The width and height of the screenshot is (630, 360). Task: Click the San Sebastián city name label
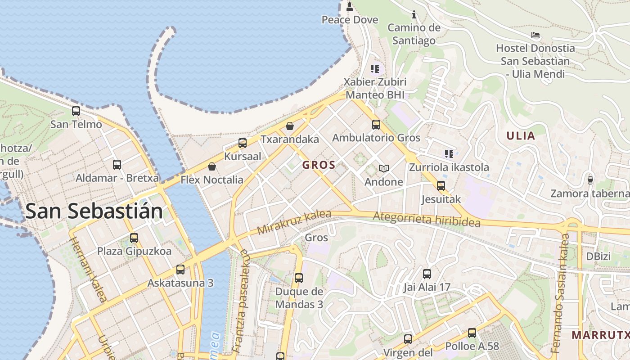tap(94, 211)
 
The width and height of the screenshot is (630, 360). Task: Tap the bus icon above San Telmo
tap(76, 111)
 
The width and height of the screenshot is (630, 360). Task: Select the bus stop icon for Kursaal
tap(243, 143)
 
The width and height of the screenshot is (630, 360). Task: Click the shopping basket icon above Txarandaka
tap(290, 126)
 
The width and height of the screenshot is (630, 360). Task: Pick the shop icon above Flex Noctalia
tap(212, 166)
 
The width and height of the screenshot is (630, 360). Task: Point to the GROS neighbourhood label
tap(319, 165)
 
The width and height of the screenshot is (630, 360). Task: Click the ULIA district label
tap(521, 136)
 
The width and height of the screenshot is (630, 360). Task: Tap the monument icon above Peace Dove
tap(350, 6)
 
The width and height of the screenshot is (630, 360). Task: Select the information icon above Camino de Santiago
tap(414, 14)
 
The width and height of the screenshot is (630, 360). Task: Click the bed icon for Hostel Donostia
tap(535, 35)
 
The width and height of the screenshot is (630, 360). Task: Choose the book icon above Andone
tap(383, 168)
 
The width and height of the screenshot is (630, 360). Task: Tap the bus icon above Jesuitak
tap(441, 185)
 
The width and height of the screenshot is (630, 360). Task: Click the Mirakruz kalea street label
tap(294, 223)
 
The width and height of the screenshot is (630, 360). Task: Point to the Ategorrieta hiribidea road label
tap(426, 220)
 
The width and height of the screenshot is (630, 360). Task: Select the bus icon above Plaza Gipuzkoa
tap(134, 238)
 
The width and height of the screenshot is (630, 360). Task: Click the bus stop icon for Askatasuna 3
tap(180, 270)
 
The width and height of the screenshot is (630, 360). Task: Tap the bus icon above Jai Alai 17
tap(427, 274)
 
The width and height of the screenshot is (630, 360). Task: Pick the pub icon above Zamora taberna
tap(590, 180)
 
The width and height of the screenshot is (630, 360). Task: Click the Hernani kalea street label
tap(88, 270)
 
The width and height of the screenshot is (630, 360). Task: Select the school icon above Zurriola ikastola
tap(449, 154)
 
